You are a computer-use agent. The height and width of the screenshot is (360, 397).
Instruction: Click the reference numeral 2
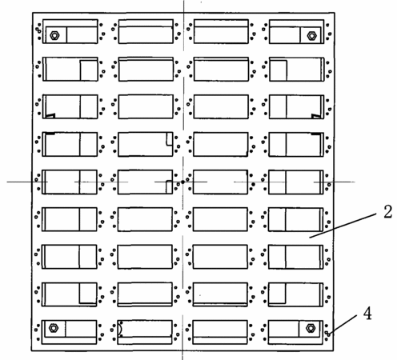click(x=387, y=212)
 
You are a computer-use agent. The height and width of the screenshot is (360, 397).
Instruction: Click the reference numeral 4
click(x=367, y=314)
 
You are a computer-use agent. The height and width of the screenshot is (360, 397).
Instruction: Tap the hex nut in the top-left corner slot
click(x=54, y=35)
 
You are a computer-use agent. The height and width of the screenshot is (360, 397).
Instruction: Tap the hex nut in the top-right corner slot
click(x=311, y=35)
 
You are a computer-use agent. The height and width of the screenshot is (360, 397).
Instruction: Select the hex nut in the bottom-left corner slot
click(x=54, y=328)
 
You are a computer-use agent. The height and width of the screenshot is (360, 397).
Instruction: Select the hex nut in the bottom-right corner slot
click(x=311, y=328)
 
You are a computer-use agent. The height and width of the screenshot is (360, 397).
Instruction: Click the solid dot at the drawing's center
click(x=182, y=182)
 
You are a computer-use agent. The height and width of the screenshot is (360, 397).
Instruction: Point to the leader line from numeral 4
click(x=343, y=325)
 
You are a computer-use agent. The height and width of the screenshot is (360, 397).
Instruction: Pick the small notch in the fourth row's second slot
click(x=169, y=139)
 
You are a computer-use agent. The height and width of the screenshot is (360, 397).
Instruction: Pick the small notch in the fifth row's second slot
click(x=169, y=186)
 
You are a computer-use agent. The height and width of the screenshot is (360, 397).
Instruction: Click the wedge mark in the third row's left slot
click(x=50, y=116)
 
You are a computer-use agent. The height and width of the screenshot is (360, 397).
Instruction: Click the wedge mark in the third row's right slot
click(x=316, y=116)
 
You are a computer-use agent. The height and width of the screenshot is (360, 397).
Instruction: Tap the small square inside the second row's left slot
click(x=89, y=70)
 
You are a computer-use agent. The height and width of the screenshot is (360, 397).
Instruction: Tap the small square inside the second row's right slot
click(x=279, y=70)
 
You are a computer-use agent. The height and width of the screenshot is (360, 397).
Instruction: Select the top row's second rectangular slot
click(x=146, y=31)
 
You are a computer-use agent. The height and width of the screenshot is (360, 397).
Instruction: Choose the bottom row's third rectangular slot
click(x=220, y=332)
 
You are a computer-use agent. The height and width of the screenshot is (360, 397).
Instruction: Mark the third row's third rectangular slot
click(x=221, y=106)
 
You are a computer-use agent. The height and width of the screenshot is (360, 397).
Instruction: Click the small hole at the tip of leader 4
click(x=328, y=334)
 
